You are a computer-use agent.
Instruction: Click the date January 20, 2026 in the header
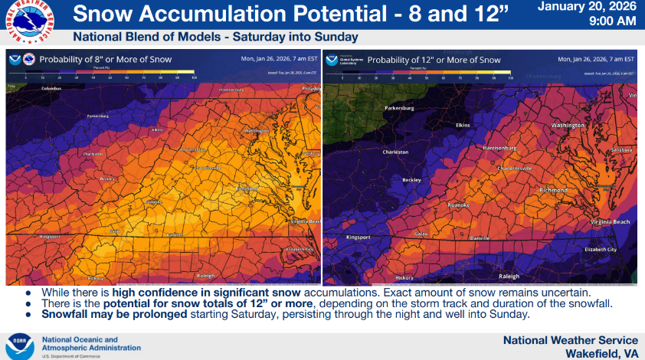pos(587,8)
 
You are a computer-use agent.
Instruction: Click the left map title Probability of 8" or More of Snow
pos(105,59)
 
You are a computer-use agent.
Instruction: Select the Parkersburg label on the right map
pos(398,108)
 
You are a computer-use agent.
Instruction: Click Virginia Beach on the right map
pos(610,221)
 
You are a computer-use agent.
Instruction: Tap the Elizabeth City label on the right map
pos(601,250)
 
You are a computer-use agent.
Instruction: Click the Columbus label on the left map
pos(51,89)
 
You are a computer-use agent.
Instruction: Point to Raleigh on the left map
pos(205,274)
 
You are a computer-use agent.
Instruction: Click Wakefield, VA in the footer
pos(601,353)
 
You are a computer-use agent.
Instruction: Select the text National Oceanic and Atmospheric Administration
pos(80,344)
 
